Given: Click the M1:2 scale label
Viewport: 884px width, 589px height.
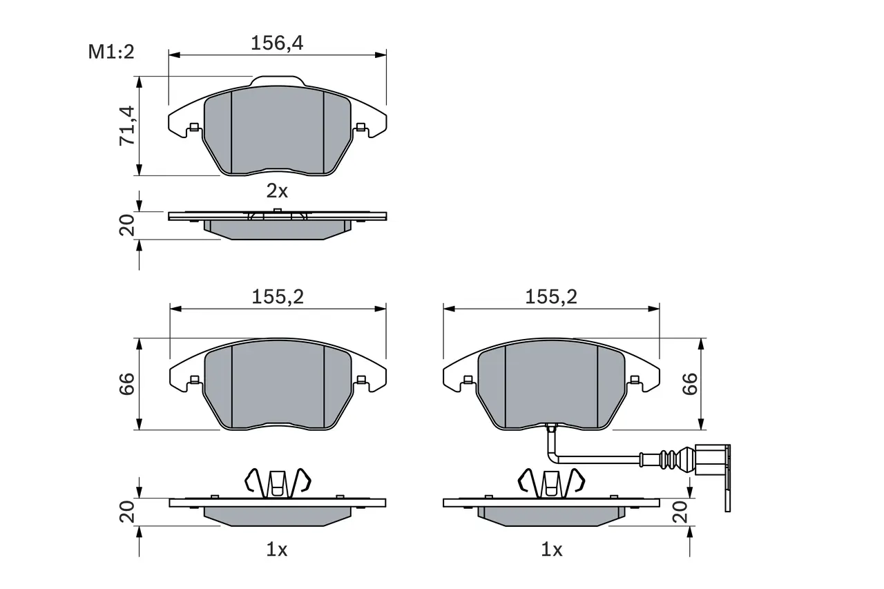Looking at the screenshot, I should coord(110,52).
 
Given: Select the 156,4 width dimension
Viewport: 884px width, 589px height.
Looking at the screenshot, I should coord(277,43).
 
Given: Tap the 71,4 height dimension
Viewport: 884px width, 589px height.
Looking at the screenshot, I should coord(127,126).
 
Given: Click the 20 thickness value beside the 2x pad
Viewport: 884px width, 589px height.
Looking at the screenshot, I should coord(127,226).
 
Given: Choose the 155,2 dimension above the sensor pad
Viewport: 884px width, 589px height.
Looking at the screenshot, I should coord(550,297).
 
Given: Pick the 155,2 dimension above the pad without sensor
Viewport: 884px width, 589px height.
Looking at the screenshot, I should coord(277,297).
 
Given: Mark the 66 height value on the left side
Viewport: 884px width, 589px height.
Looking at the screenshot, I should coord(127,385).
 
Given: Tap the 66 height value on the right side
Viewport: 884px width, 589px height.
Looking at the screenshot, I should coord(691,385).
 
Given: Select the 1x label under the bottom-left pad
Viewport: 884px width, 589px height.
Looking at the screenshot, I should coord(276,550).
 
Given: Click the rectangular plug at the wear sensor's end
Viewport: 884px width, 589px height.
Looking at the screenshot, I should coord(711,461).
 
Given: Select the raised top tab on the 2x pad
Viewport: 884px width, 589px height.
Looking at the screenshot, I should coord(276,81).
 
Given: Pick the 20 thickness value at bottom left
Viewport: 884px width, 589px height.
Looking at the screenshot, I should coord(127,513).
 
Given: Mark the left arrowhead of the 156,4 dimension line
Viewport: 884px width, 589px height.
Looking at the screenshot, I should coord(173,54).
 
